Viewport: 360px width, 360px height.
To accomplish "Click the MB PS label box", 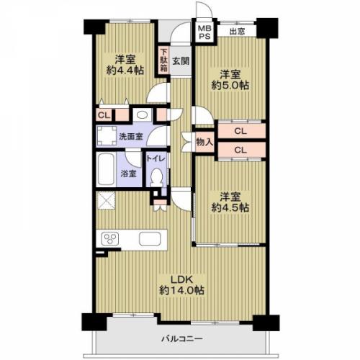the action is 204,32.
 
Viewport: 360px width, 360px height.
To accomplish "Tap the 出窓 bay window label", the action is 237,32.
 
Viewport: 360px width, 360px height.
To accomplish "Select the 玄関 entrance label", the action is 181,61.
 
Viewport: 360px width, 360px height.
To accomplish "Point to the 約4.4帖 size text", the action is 125,70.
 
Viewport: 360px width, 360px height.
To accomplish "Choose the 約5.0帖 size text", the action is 230,86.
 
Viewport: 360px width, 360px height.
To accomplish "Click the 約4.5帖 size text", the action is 230,207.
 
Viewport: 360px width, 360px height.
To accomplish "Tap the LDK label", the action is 181,279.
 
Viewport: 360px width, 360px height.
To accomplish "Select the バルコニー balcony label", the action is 182,338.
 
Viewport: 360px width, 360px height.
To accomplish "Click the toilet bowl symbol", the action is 157,178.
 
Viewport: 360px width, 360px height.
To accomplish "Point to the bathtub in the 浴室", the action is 106,169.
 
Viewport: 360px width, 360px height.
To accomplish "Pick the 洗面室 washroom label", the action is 131,137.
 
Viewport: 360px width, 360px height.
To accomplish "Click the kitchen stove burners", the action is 110,239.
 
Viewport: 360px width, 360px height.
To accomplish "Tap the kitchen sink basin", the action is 150,239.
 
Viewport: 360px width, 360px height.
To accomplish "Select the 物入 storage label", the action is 204,142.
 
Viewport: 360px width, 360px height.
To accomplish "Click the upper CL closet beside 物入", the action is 241,131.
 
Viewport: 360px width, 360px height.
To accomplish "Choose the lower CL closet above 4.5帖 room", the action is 241,150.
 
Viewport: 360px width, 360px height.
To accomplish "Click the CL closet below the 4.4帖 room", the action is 104,115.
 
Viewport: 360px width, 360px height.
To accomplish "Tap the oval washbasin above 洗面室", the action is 142,115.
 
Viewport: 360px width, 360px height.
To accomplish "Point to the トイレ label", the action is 156,158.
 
